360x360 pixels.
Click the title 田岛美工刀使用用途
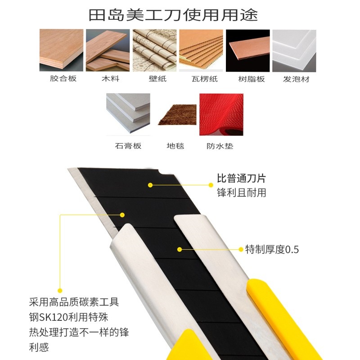click(x=173, y=15)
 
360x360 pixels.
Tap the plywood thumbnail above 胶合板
click(x=61, y=50)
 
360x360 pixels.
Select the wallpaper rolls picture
click(x=154, y=50)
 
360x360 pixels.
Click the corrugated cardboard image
click(x=201, y=50)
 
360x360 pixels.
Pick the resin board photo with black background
click(x=248, y=50)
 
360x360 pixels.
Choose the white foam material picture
click(x=294, y=51)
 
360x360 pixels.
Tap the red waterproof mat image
click(x=221, y=115)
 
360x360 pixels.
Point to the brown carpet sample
click(x=177, y=115)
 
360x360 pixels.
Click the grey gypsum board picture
click(x=128, y=113)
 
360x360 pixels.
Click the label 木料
click(x=110, y=79)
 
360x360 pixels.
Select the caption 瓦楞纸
click(x=205, y=79)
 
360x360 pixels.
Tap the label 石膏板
click(x=128, y=146)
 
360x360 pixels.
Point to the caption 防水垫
click(x=220, y=146)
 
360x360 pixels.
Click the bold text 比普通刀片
click(x=241, y=178)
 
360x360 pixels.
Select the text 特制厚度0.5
click(x=272, y=249)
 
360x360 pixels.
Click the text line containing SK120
click(x=69, y=317)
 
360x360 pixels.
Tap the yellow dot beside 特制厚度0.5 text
click(x=241, y=249)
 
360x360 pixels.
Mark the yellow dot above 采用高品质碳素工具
click(x=60, y=291)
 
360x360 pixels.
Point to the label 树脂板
click(x=252, y=79)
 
